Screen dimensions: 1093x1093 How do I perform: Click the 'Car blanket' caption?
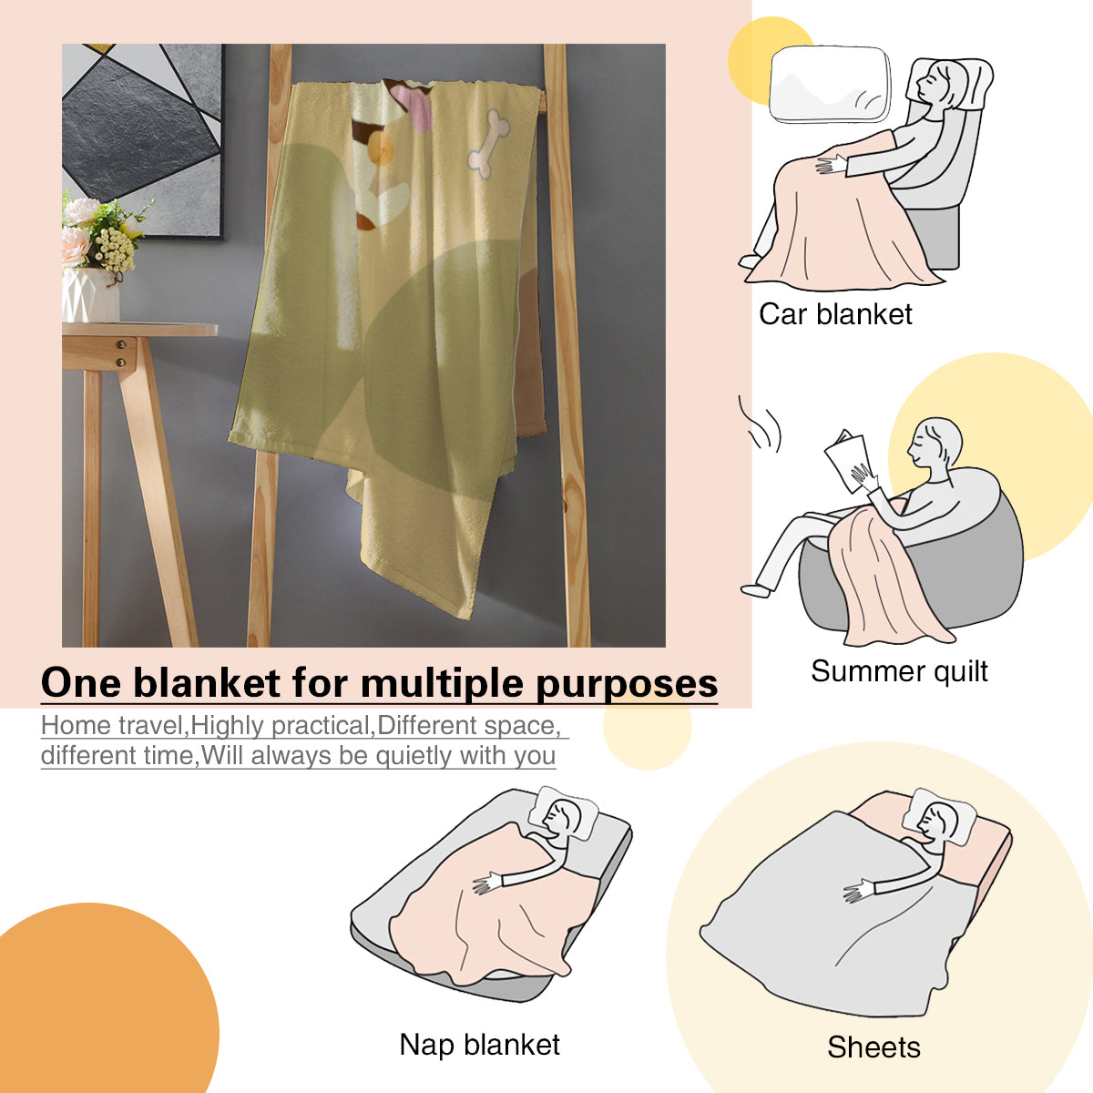(x=835, y=314)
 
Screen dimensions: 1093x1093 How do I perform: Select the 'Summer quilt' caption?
(x=899, y=671)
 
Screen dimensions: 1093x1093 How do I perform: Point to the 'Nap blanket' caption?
(x=479, y=1044)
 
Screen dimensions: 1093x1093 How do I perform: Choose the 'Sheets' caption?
(x=873, y=1047)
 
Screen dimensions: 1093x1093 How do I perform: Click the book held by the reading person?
(x=846, y=461)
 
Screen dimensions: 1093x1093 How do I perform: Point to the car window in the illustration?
(x=830, y=85)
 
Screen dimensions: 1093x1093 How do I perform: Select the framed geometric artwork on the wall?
(x=142, y=140)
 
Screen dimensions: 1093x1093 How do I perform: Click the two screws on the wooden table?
(x=121, y=352)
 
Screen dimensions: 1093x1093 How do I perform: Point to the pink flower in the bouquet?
(x=75, y=246)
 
